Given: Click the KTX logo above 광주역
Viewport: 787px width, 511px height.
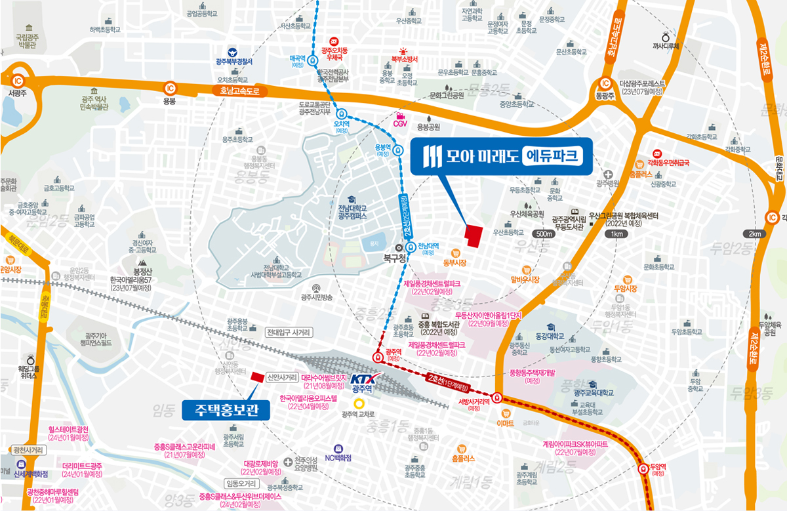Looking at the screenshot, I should click(x=362, y=378).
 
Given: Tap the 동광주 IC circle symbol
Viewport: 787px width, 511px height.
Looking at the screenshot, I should click(x=605, y=84).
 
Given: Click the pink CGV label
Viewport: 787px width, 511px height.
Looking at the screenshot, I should click(x=400, y=123).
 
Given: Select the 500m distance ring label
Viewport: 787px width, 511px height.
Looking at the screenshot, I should click(x=544, y=234).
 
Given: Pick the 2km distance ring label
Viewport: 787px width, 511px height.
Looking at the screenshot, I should click(x=753, y=234).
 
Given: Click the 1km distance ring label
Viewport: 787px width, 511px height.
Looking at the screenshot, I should click(x=616, y=234).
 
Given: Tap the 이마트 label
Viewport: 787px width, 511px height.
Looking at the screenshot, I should click(x=505, y=423).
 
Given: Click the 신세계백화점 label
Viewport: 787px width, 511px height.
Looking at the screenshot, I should click(x=31, y=474).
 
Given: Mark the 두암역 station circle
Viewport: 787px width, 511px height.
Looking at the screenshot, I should click(x=643, y=469).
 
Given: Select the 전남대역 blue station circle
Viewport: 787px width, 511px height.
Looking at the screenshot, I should click(x=411, y=247).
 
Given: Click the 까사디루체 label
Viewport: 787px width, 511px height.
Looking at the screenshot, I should click(x=666, y=46).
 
